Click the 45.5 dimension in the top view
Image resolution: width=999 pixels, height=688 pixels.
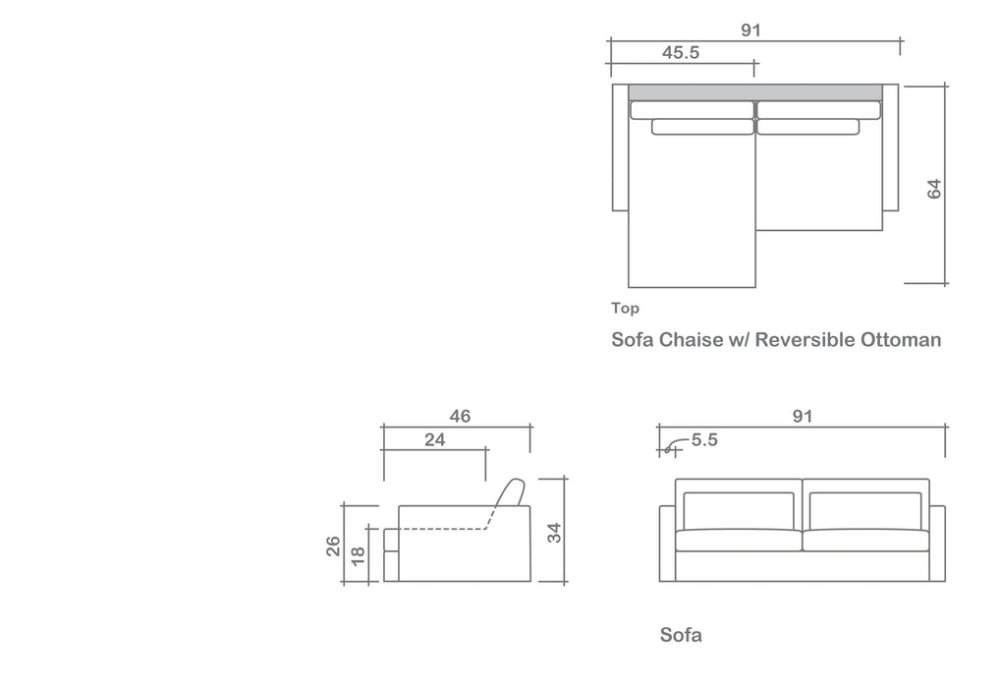click(681, 52)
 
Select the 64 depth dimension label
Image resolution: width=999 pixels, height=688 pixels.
click(934, 190)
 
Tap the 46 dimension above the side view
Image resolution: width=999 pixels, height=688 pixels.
click(460, 417)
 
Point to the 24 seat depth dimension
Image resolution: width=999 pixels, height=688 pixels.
click(435, 440)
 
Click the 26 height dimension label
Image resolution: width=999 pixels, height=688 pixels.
click(333, 546)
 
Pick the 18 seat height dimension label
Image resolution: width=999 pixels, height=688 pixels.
click(359, 555)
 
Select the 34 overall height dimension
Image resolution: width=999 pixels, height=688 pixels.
click(554, 533)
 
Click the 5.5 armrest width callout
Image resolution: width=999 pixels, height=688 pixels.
click(704, 440)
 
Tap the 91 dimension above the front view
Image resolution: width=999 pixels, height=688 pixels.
click(803, 417)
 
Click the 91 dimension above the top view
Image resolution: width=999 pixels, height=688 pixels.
click(751, 30)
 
